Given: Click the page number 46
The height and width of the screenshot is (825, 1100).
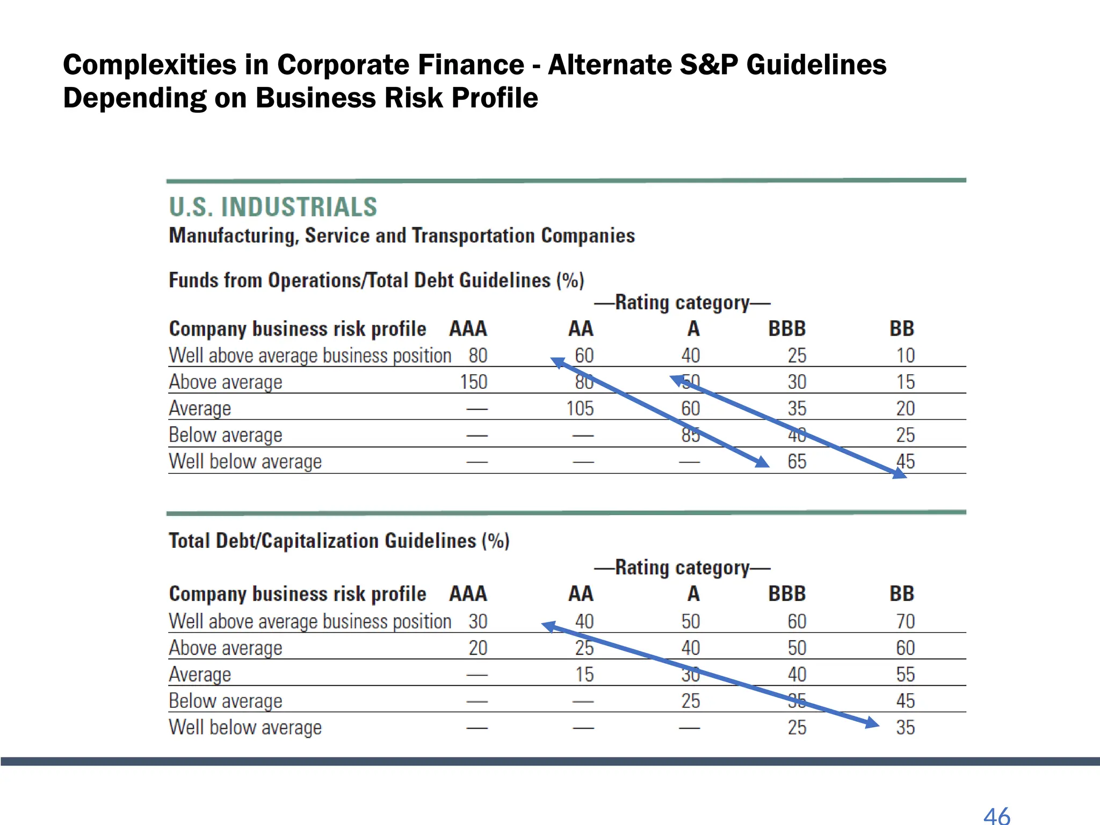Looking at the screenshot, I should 996,815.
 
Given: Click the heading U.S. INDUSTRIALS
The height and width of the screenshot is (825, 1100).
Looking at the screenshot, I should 273,207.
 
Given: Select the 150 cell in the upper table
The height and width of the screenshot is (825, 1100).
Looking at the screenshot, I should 473,382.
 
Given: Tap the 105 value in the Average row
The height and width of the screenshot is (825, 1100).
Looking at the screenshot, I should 580,409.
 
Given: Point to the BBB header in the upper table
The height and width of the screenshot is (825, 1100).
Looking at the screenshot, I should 787,329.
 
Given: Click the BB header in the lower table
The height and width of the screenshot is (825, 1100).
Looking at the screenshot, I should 901,594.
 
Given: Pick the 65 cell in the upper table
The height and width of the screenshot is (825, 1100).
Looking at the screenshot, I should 797,461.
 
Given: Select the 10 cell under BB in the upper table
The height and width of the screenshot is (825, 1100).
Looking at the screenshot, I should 905,356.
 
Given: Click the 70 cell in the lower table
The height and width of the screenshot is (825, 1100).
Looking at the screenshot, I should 905,621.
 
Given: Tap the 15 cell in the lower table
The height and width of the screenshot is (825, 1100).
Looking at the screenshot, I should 584,675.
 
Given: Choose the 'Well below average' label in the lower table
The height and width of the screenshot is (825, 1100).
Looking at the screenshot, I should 245,727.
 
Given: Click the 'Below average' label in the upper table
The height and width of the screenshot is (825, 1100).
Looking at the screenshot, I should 225,435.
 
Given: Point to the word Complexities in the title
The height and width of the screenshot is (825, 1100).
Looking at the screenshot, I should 149,65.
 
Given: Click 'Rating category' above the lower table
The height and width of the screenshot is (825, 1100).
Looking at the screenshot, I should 682,568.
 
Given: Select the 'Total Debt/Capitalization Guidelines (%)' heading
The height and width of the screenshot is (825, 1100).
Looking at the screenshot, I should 339,541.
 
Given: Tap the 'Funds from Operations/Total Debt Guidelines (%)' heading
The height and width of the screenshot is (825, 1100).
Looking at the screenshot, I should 376,280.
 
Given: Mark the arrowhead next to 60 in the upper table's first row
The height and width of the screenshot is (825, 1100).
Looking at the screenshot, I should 559,363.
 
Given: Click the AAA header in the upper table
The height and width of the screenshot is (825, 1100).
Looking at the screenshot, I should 468,329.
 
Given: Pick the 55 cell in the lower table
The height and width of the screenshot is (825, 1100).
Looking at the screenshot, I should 905,675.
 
